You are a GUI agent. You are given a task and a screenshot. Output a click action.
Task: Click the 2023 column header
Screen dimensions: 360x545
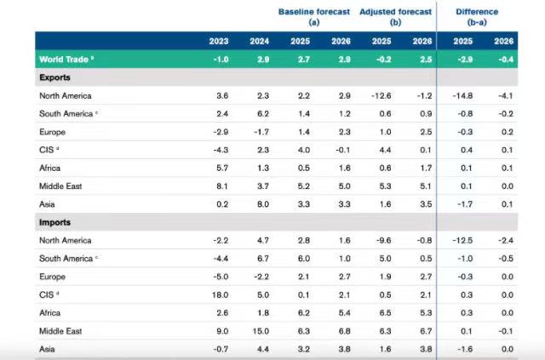(x=219, y=41)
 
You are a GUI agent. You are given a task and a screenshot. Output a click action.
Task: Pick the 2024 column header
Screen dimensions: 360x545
(x=260, y=41)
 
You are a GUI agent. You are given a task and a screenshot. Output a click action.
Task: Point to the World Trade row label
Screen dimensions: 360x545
(x=66, y=60)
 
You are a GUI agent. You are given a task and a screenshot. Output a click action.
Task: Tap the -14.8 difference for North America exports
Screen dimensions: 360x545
(x=461, y=96)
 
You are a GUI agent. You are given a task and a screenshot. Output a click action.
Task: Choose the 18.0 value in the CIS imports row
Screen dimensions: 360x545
(x=219, y=294)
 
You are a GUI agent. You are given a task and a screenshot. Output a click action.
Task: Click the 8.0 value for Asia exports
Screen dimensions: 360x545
(x=261, y=204)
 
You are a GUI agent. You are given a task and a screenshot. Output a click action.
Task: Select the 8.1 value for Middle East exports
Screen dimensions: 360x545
(x=220, y=186)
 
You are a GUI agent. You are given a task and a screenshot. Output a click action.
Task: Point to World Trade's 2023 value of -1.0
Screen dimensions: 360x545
(x=219, y=60)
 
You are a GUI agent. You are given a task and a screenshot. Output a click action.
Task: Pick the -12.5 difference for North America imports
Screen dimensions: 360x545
(x=461, y=241)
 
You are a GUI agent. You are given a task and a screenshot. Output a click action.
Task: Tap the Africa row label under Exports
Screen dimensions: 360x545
(x=50, y=169)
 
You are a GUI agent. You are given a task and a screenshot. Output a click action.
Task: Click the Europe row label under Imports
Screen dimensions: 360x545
(x=52, y=277)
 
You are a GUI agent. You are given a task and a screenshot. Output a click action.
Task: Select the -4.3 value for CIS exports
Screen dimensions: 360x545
(x=219, y=151)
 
